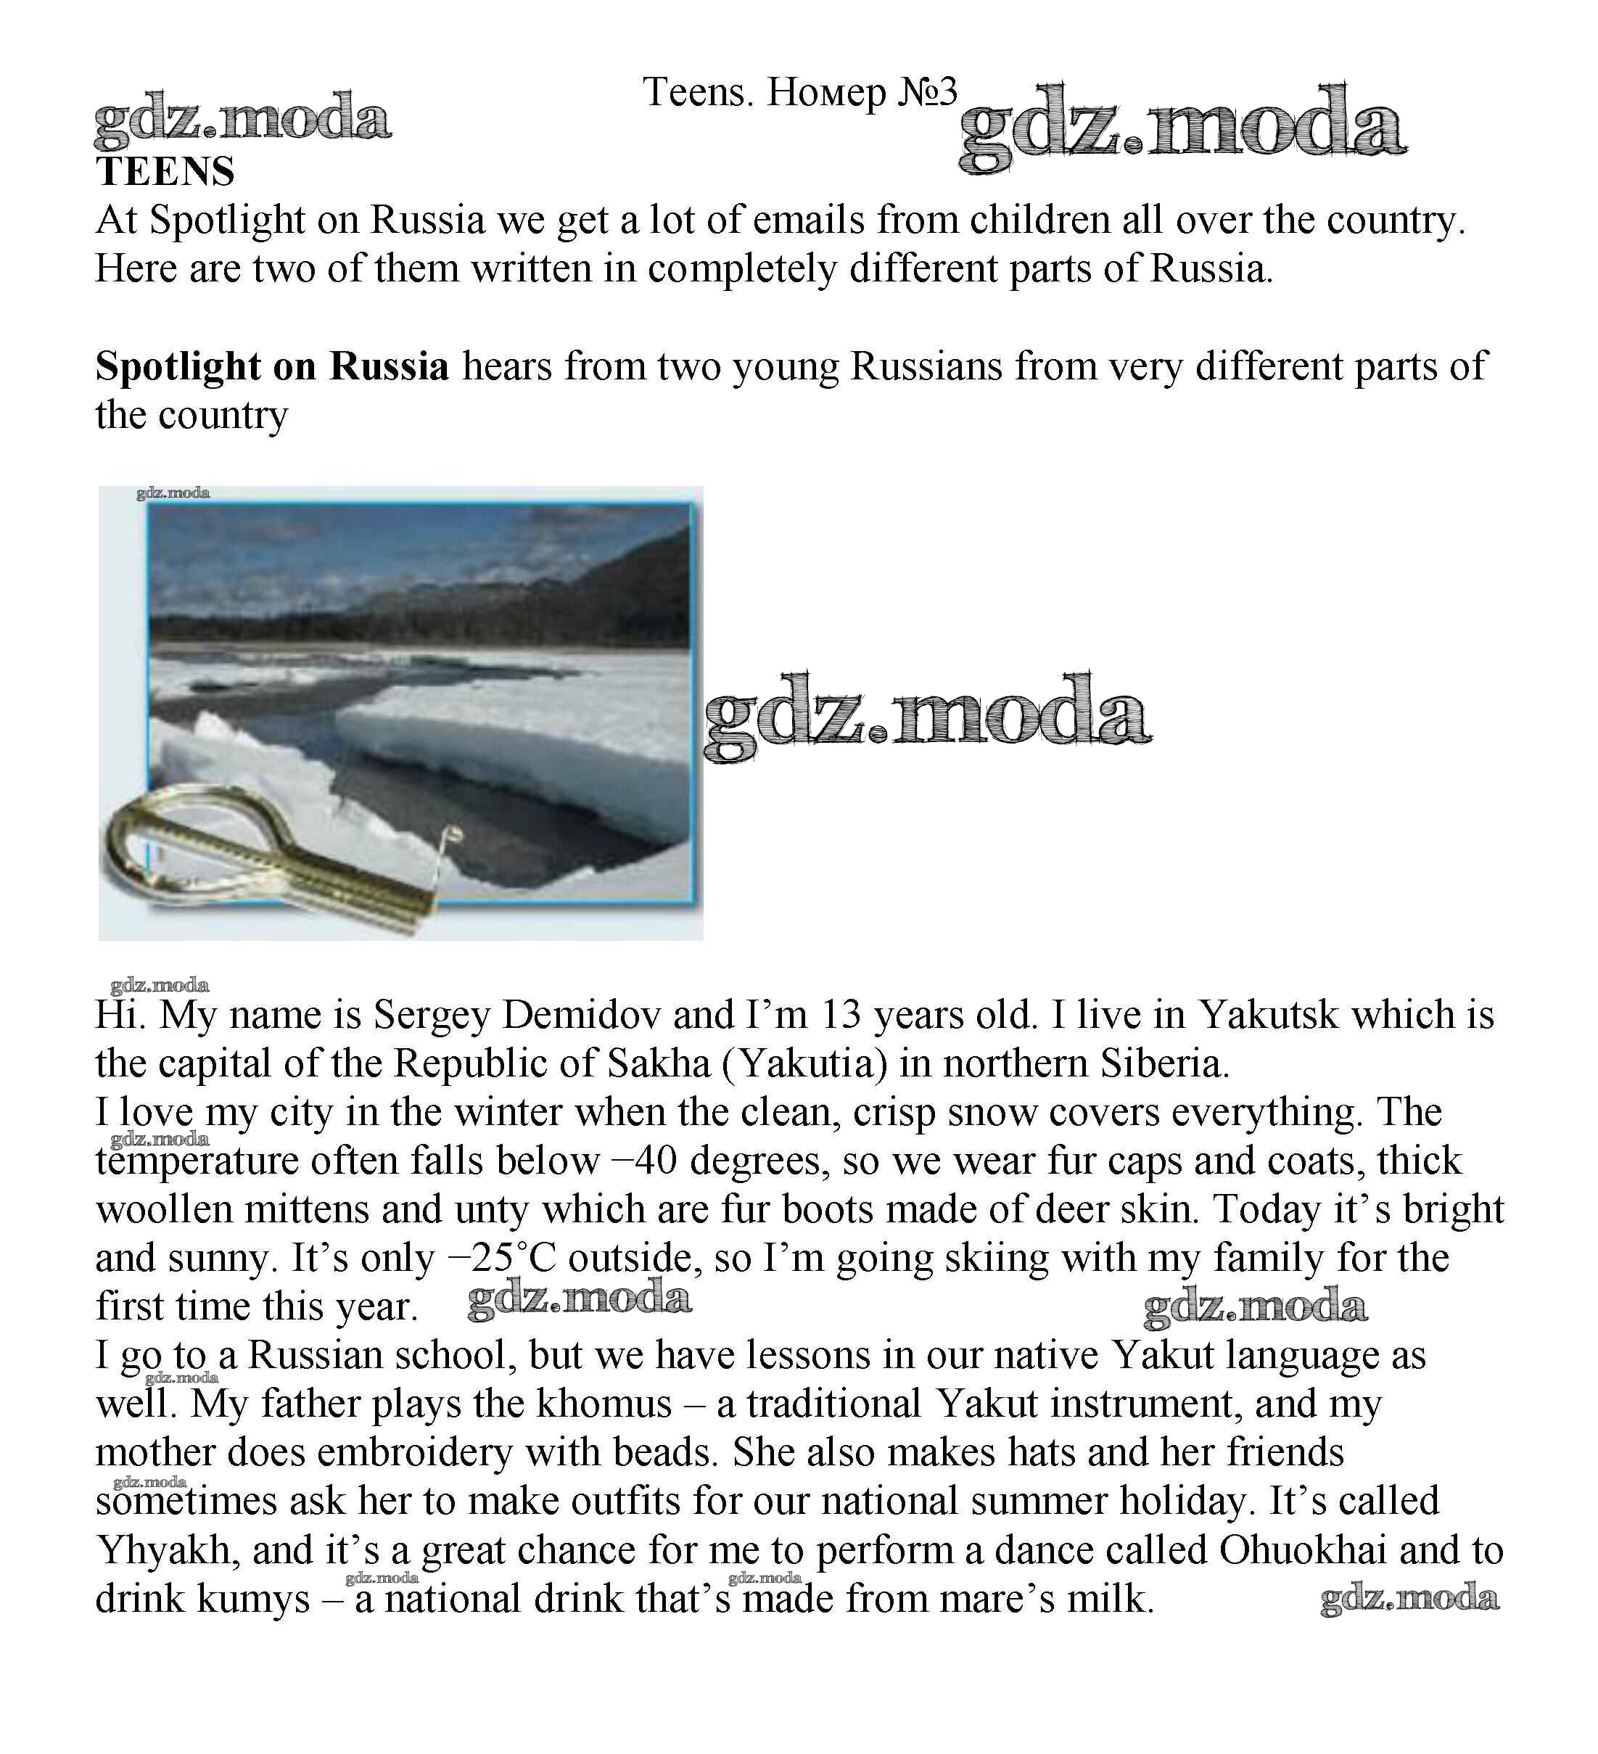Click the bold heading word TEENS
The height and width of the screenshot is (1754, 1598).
pyautogui.click(x=165, y=171)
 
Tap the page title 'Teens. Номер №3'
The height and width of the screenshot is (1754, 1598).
pyautogui.click(x=799, y=92)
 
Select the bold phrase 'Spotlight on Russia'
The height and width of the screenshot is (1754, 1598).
pyautogui.click(x=272, y=366)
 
